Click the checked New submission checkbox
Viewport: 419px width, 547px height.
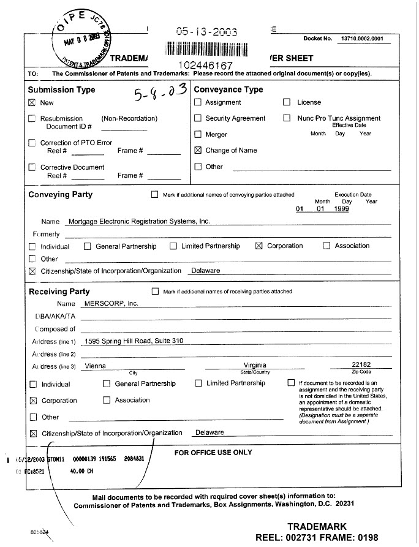(32, 103)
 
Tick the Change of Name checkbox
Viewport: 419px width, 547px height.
(198, 150)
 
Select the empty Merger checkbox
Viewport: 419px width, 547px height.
(198, 134)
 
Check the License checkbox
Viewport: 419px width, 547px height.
(287, 102)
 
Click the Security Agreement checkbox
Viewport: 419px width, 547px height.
(198, 118)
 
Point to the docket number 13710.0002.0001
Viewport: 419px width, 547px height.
(361, 39)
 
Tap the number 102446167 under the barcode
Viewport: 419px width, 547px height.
(205, 64)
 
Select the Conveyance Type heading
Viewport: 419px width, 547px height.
(228, 89)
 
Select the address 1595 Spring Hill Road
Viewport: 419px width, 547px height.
(134, 341)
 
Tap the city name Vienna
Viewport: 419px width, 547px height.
(95, 366)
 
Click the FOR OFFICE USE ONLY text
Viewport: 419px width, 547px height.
(213, 453)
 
